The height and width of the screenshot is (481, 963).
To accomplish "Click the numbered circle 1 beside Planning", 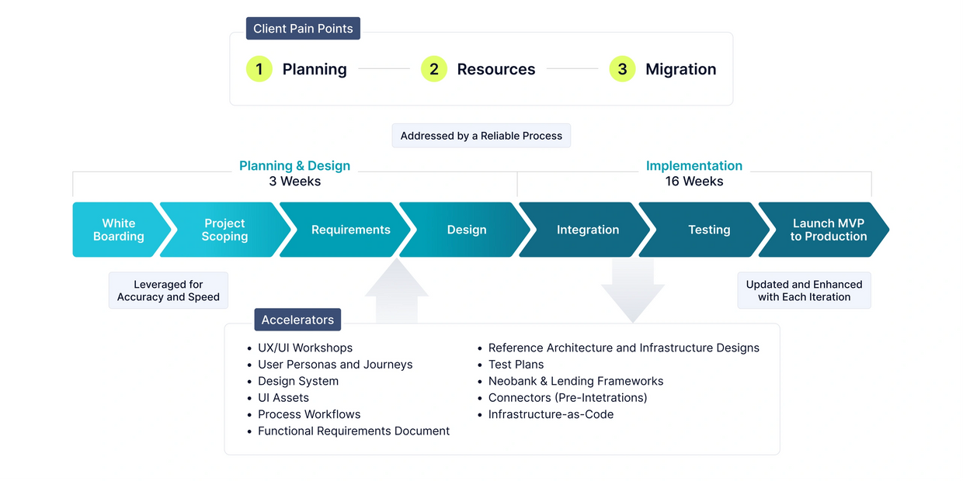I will (259, 69).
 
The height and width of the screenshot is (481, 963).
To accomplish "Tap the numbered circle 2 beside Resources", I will (433, 69).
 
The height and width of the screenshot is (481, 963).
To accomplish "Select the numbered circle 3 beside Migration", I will (622, 69).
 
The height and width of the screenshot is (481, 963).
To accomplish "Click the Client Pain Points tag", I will (303, 29).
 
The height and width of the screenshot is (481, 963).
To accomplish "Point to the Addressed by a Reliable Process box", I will (481, 136).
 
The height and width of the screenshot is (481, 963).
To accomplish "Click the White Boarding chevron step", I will (119, 230).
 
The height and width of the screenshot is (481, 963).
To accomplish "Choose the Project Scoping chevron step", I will (224, 230).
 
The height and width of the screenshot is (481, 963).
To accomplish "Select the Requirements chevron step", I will (350, 230).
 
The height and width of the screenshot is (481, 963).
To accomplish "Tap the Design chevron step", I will (467, 230).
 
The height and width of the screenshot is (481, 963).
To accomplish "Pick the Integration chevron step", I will (588, 230).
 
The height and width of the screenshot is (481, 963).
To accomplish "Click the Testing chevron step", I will (709, 230).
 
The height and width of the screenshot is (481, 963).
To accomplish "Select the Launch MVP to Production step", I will (828, 230).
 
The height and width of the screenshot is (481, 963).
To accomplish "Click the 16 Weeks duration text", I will (694, 182).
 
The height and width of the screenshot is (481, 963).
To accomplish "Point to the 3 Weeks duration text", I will (295, 182).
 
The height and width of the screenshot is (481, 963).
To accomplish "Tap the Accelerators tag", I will (297, 320).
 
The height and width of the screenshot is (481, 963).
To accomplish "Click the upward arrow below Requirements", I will (396, 291).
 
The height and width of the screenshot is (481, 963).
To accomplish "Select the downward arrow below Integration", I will (632, 291).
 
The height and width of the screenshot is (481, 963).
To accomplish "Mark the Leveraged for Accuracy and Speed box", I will (169, 291).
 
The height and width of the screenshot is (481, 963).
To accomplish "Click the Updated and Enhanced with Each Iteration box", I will (804, 291).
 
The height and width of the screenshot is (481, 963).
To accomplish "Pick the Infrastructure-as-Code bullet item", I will (551, 414).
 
